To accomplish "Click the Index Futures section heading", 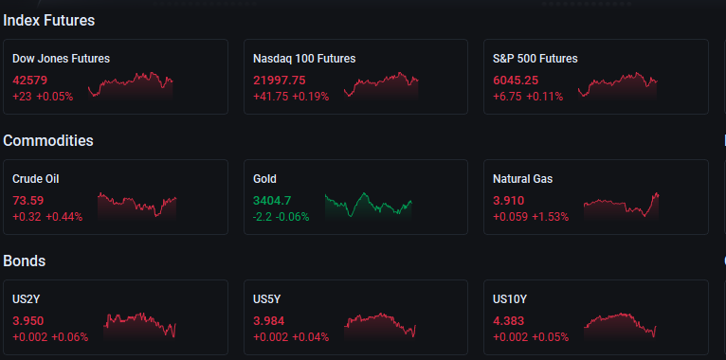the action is pos(48,20).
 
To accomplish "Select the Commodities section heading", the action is pos(48,140).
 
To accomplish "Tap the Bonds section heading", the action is pos(24,261).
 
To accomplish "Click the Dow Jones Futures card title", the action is pos(61,59).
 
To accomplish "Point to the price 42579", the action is pos(29,80).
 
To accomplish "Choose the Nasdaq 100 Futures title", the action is pos(304,59).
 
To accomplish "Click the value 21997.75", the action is pos(280,80).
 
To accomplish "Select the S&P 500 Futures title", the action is pos(535,59).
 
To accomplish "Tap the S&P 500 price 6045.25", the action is pos(516,80).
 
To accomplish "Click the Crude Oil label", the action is pos(36,179).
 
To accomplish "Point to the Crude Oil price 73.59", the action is pos(27,200).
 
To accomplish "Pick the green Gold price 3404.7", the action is pos(272,200).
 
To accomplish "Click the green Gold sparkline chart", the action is pos(368,206).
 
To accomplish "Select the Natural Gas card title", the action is pos(523,179).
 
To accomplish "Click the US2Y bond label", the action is pos(26,299).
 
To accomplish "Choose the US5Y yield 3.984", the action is pos(268,320).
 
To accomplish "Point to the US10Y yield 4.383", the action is pos(509,320).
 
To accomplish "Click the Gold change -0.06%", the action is pos(292,217).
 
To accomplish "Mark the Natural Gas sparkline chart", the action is pos(621,206).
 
